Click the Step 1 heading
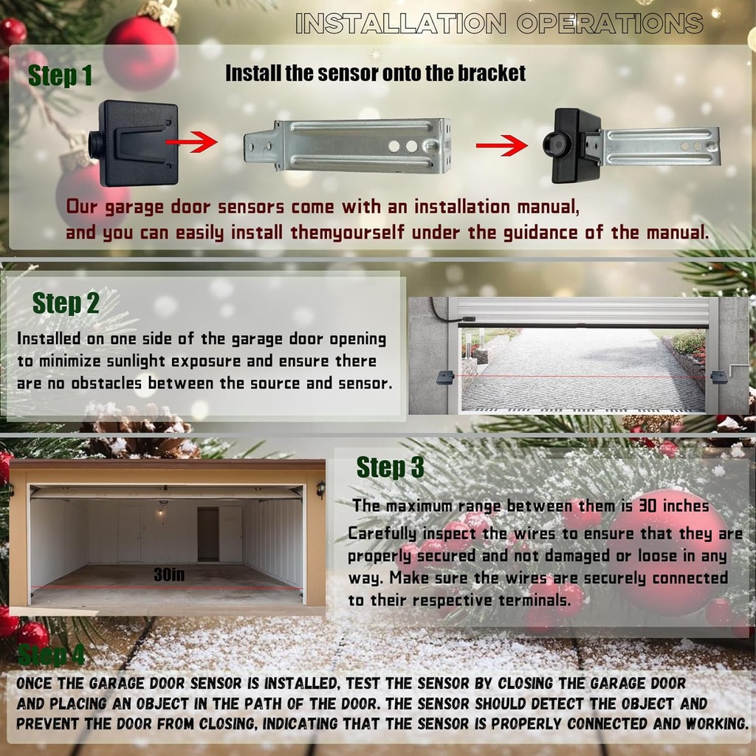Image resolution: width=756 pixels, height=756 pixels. click(60, 76)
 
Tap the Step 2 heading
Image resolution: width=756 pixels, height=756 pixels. click(66, 303)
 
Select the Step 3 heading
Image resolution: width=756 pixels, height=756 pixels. click(390, 467)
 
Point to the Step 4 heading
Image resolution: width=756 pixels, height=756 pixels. click(51, 654)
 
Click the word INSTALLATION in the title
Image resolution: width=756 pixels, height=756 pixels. click(401, 23)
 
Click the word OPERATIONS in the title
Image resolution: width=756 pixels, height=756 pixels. click(611, 23)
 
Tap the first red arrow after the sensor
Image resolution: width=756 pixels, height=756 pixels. click(191, 142)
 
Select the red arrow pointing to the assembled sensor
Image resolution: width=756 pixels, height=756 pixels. click(501, 145)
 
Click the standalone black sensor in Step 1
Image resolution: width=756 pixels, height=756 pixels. click(133, 143)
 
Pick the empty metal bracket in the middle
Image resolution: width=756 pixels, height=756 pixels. click(348, 146)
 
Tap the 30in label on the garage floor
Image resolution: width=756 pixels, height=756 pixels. click(169, 574)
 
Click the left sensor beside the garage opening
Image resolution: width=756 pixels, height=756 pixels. click(445, 377)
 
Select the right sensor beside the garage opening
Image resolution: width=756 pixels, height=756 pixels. click(719, 377)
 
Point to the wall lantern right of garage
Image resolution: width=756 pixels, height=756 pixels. click(321, 489)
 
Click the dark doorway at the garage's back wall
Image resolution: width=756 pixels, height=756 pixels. click(208, 535)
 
